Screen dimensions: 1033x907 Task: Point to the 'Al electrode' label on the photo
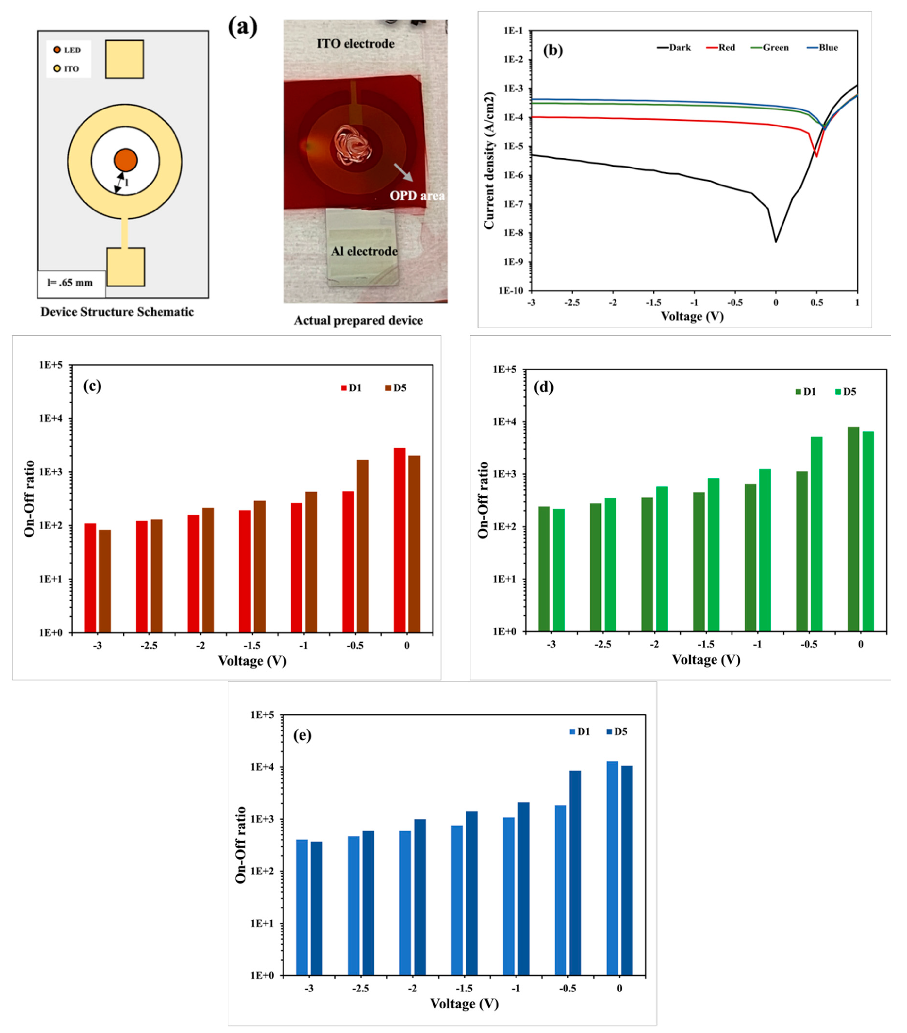(364, 251)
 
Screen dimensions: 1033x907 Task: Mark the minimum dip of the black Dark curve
(776, 241)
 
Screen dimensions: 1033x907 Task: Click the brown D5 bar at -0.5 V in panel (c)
(362, 546)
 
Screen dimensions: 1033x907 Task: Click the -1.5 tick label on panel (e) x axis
(464, 988)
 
